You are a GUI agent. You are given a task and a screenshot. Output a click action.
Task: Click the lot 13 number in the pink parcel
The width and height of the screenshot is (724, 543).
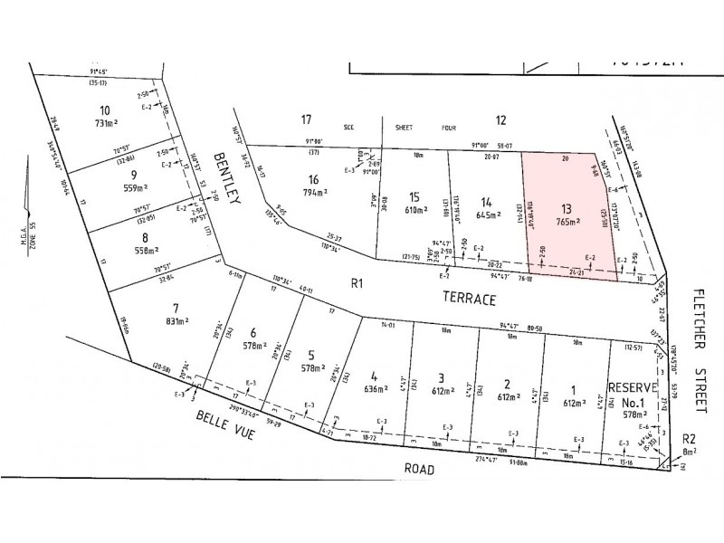point(568,205)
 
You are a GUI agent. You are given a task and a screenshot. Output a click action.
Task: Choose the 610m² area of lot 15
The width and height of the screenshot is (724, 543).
point(414,210)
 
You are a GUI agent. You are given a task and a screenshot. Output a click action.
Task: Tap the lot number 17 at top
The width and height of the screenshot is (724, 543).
point(307,119)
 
